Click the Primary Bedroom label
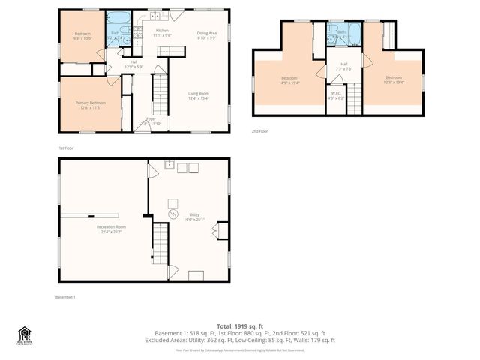pos(88,105)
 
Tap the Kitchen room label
pos(163,33)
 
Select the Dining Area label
pos(207,35)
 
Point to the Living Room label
pos(198,95)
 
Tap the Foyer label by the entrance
pos(150,119)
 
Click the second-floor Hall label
pos(344,66)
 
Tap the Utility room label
pos(193,217)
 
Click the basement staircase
pos(162,251)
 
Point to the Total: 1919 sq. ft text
pos(240,325)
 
